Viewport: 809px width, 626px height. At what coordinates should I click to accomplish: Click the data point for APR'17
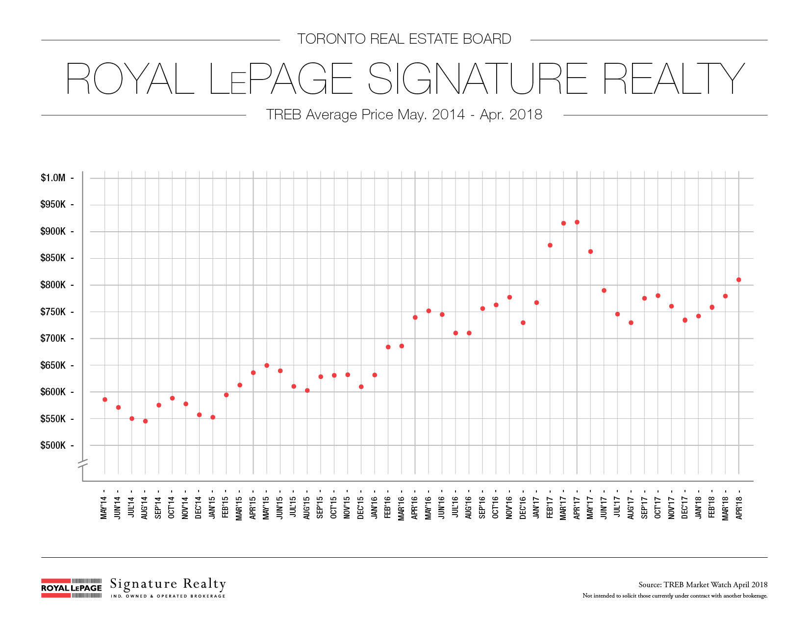pos(577,222)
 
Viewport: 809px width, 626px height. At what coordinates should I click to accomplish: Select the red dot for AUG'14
pos(145,421)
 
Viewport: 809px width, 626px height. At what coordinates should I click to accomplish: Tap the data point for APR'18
pos(738,280)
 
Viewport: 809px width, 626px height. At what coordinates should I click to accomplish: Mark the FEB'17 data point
pos(550,245)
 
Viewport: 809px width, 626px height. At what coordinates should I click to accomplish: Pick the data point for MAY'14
pos(105,400)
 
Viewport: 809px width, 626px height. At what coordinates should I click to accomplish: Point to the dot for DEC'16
pos(523,323)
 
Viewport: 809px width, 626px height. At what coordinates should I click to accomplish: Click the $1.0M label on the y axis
pos(53,178)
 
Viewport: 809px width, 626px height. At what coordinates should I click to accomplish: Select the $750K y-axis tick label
pos(53,312)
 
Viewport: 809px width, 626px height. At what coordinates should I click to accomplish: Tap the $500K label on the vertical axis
pos(53,445)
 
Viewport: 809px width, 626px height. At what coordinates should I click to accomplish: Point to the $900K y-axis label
pos(53,231)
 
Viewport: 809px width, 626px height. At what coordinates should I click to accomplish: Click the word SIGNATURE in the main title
pos(477,79)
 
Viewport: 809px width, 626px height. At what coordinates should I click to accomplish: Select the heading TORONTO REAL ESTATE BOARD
pos(404,39)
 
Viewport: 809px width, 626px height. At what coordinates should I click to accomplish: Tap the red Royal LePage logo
pos(72,588)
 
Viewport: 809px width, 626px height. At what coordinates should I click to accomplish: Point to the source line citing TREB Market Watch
pos(703,585)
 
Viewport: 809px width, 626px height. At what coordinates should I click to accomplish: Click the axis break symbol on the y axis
pos(82,463)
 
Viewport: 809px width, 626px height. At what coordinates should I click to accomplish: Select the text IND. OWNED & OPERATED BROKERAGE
pos(168,596)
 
